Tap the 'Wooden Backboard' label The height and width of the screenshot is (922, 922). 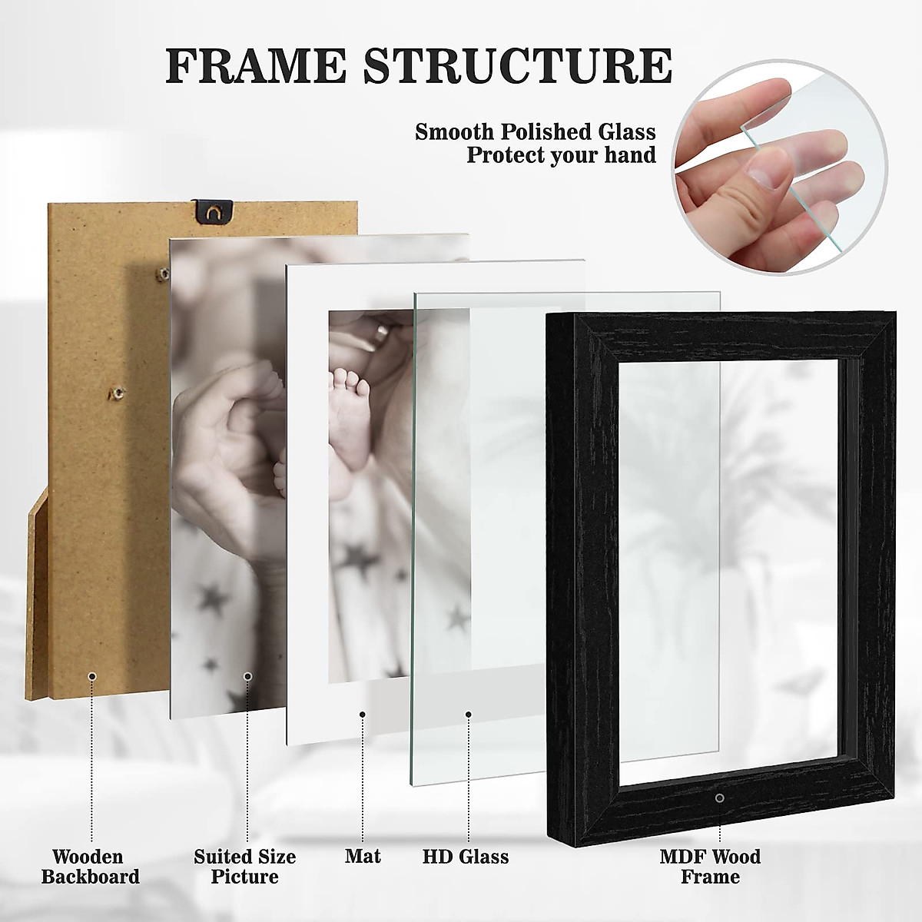91,866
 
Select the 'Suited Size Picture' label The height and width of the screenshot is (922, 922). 244,866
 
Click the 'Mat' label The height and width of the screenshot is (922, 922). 363,856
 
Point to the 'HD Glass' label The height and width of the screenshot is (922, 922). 466,856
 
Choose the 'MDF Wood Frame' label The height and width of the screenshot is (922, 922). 711,866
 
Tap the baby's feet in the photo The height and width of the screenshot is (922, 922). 350,385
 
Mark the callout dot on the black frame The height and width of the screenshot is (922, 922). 719,798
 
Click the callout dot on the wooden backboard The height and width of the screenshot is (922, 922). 92,676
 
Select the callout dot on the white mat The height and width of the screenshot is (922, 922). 362,715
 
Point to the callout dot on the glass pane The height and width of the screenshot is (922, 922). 468,715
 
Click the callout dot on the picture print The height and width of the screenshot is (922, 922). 247,676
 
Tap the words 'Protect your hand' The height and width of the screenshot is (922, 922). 561,155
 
